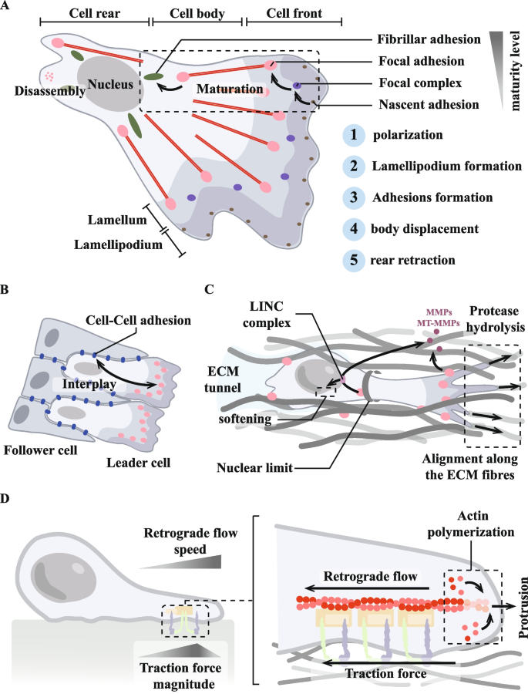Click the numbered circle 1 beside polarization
pyautogui.click(x=352, y=136)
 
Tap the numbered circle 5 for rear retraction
pyautogui.click(x=352, y=260)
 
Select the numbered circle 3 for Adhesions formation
pyautogui.click(x=352, y=198)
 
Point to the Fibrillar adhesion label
pyautogui.click(x=420, y=39)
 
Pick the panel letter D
pyautogui.click(x=6, y=499)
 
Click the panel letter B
pyautogui.click(x=6, y=291)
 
